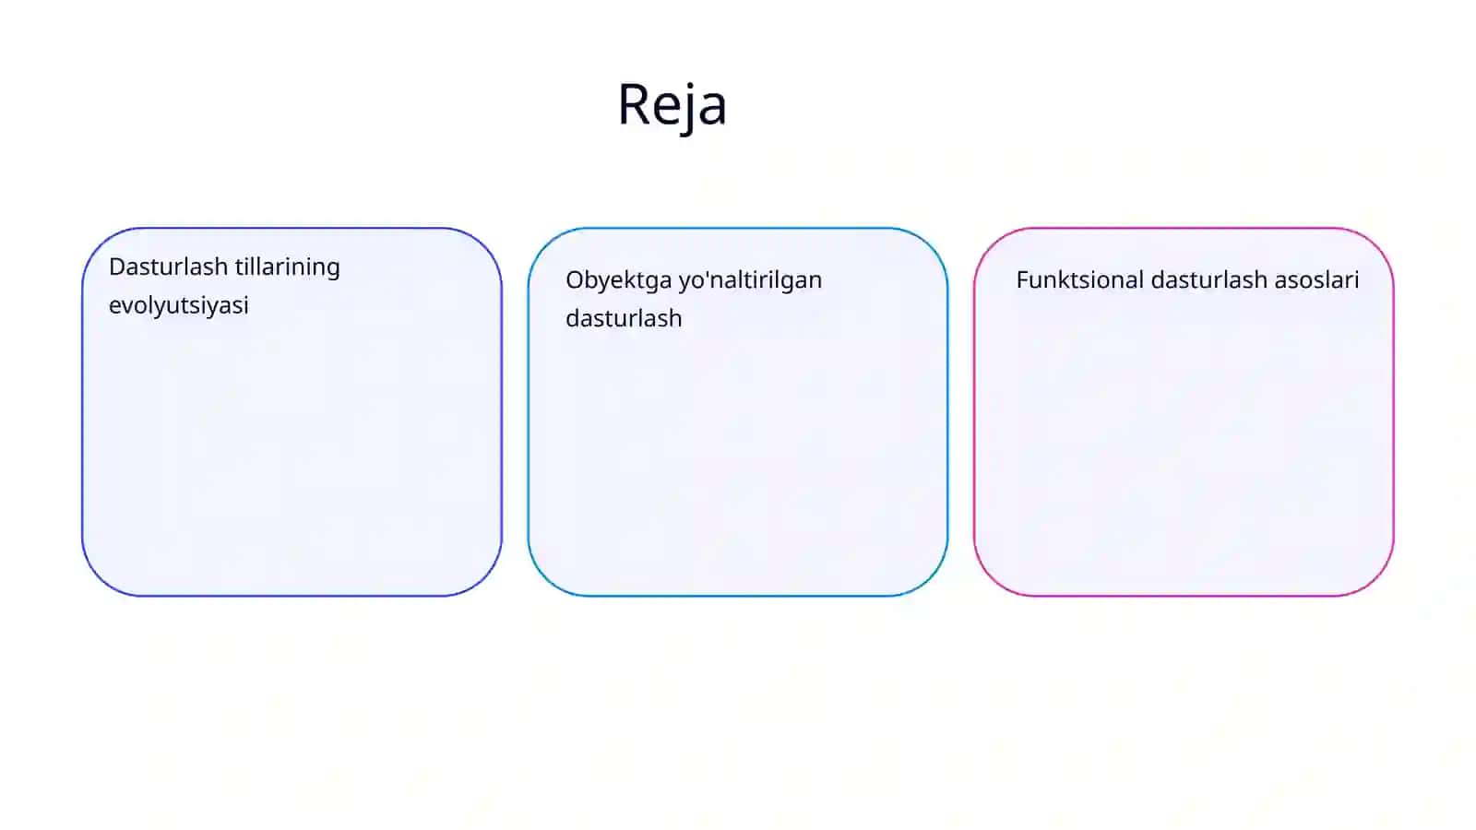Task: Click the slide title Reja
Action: click(673, 105)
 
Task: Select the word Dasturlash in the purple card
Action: click(168, 267)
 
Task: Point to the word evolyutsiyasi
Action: click(179, 306)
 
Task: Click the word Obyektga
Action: click(617, 281)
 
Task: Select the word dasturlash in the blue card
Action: click(624, 318)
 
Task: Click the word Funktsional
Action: click(1079, 280)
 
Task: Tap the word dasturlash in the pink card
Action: click(1208, 280)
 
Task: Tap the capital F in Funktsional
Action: click(1023, 280)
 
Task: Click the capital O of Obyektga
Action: click(576, 280)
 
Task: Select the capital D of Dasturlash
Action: click(117, 267)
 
